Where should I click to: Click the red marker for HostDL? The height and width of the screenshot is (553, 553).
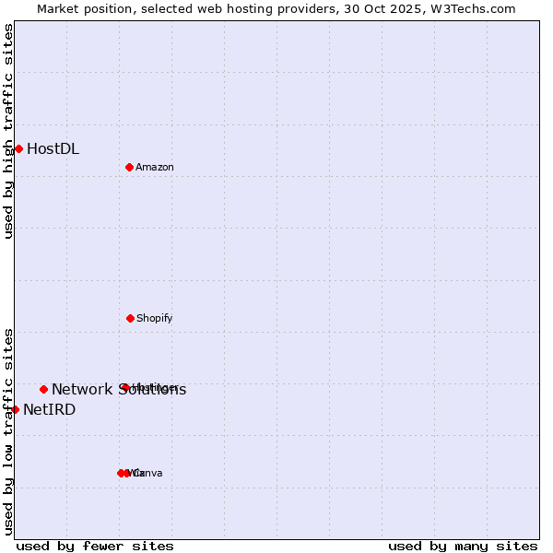coord(18,148)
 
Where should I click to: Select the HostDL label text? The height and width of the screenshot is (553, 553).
coord(53,148)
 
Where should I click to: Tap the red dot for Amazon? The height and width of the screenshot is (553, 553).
coord(129,167)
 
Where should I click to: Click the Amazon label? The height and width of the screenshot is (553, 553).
coord(154,167)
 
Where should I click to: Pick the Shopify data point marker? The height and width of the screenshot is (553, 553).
coord(130,318)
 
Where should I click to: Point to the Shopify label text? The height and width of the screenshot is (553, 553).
coord(154,318)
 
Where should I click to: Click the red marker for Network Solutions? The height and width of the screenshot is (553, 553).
coord(43,389)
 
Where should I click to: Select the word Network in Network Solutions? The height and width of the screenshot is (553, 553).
coord(82,389)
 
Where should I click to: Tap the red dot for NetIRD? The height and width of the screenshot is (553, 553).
coord(15,409)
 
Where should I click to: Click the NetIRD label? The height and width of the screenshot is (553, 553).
coord(49,409)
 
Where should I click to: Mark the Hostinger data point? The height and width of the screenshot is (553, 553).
coord(124,387)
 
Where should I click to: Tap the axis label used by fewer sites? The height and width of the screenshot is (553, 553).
coord(95,546)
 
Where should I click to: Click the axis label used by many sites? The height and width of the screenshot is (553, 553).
coord(463,546)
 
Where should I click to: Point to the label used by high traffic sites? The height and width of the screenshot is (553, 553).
coord(8,131)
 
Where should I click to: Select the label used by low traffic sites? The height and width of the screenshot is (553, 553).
coord(8,431)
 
